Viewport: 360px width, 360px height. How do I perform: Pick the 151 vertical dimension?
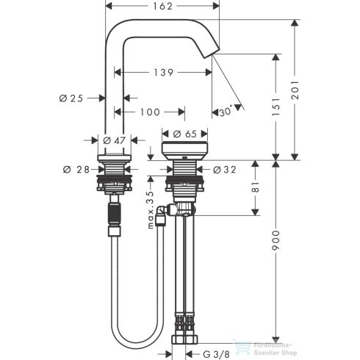(277, 109)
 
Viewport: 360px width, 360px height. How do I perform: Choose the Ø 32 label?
(225, 170)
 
